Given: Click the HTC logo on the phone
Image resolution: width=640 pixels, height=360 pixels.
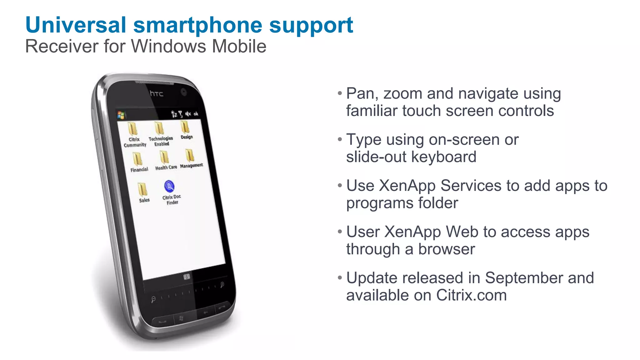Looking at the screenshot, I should pos(156,93).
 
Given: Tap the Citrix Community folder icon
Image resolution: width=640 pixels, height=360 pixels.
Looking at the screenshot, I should pos(133,129).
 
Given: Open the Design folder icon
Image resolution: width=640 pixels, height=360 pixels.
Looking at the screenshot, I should pos(185,127).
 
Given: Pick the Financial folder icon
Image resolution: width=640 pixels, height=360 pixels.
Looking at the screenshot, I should pos(137,159).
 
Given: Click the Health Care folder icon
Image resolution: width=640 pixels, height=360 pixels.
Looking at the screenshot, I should pos(164,157).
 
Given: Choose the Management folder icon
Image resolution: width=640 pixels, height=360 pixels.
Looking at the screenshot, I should pos(190,155).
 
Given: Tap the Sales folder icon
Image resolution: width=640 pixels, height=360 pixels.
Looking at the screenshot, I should pos(142,189).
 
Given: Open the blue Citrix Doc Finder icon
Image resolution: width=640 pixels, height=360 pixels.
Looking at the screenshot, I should pos(169,186).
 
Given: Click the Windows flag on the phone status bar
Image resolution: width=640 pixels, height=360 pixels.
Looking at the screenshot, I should pos(121,115).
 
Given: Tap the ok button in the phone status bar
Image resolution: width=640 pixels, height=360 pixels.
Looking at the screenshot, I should pos(196,114).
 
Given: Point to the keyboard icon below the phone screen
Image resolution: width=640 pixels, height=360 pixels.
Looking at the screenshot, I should pos(187,277).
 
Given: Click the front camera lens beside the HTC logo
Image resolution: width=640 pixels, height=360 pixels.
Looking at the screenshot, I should pos(183,92).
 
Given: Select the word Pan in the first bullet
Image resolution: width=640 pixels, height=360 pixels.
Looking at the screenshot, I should pos(360,93).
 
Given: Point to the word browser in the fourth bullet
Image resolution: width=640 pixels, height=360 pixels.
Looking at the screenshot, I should pos(447,249).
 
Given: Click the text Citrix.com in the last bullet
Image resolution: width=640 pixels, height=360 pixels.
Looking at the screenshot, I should pos(471,295).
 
